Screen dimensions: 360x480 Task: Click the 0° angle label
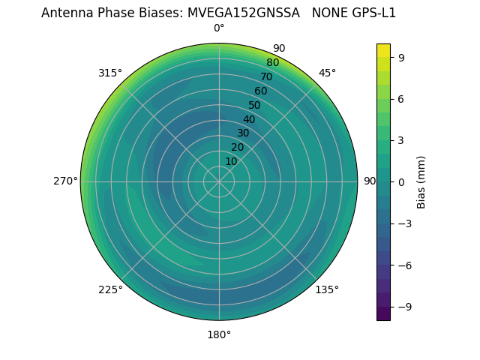[219, 28]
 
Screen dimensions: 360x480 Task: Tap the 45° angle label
[327, 73]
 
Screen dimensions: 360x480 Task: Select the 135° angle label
[327, 289]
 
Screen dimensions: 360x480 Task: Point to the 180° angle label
[219, 334]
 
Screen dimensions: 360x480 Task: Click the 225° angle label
[110, 289]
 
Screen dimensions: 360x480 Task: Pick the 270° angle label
[65, 181]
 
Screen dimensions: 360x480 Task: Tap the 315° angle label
[110, 73]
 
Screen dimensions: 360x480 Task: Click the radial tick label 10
[231, 161]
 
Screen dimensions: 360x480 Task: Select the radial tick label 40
[249, 119]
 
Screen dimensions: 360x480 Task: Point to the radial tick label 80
[272, 63]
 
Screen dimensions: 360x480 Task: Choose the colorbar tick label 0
[402, 181]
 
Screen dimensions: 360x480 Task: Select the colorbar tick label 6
[402, 98]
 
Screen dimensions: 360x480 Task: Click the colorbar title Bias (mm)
[421, 181]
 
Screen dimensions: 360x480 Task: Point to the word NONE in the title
[325, 13]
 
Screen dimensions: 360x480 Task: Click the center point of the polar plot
[219, 181]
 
